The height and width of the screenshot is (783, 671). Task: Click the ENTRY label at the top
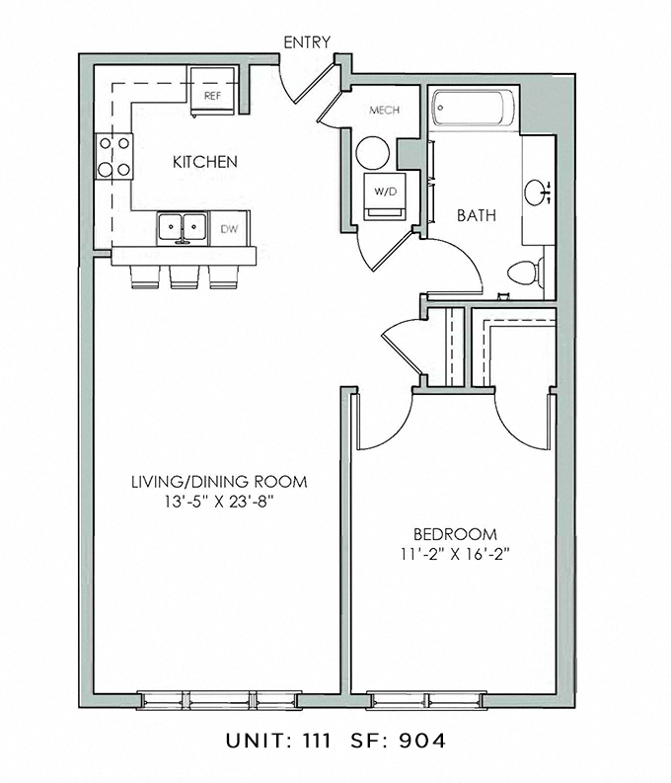coord(306,42)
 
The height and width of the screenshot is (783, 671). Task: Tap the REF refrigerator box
coord(211,94)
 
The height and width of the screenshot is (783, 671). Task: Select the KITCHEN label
coord(205,162)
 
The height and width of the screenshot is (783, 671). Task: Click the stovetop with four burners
coord(114,157)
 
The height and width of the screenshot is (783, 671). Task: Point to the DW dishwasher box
coord(229,229)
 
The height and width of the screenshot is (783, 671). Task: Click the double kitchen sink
coord(183,227)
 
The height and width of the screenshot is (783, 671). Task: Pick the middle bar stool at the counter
coord(185,278)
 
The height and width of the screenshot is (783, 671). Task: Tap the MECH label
coord(383,110)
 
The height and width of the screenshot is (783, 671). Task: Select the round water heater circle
coord(373,153)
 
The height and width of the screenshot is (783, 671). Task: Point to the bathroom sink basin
coord(538,192)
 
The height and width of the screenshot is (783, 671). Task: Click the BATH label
coord(476,215)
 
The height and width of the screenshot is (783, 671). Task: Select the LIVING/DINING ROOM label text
coord(219,482)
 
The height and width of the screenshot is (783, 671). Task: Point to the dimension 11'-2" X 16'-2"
coord(455,553)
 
